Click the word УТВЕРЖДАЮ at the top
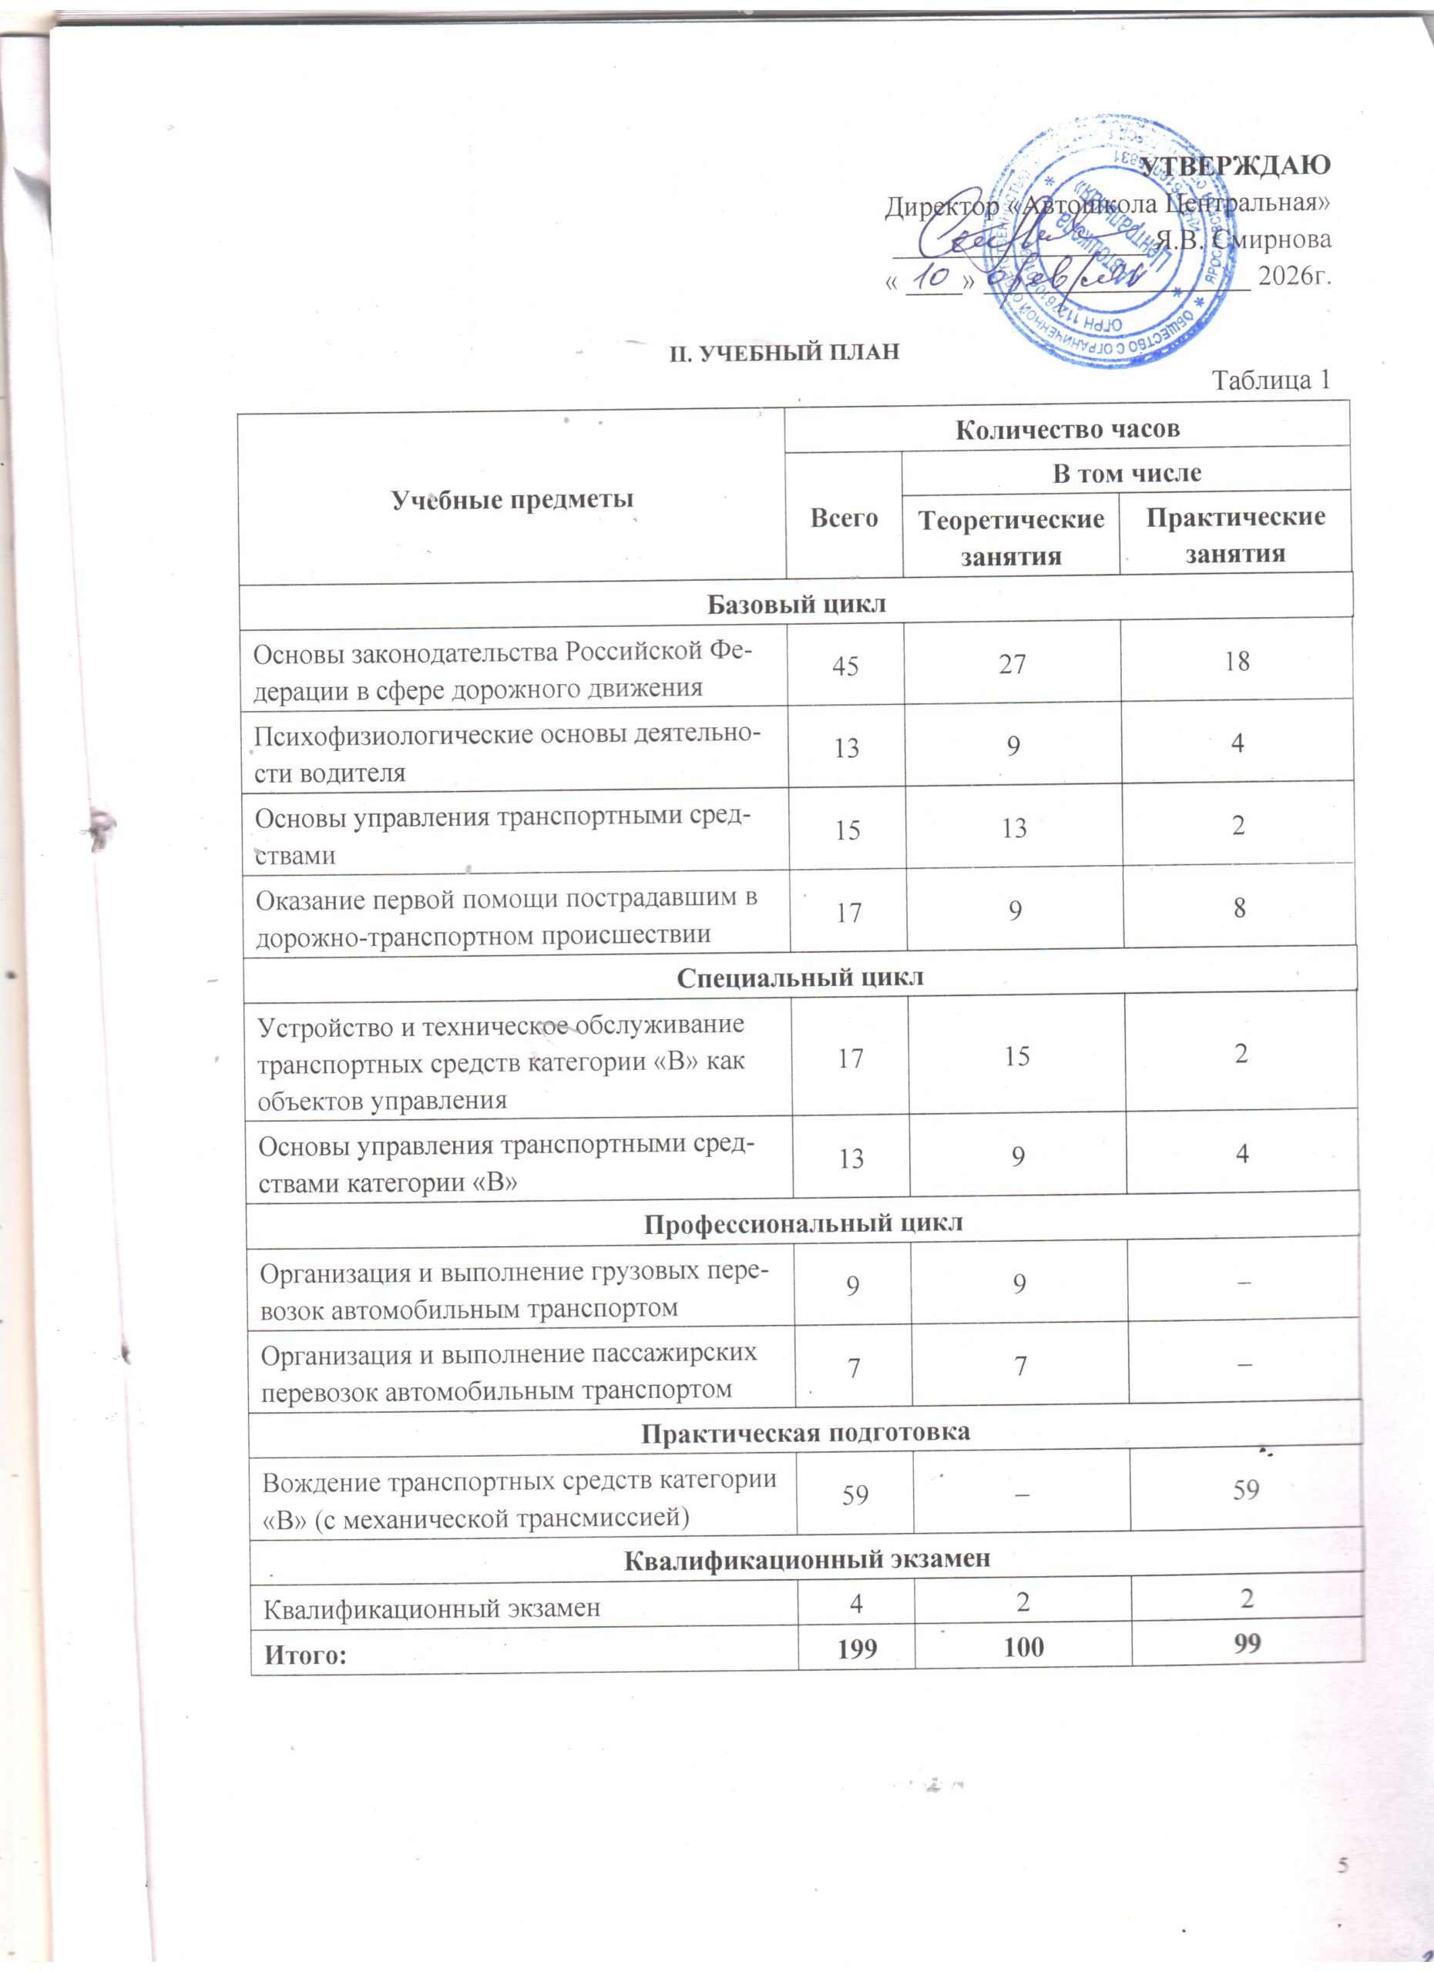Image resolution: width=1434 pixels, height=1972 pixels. point(1236,165)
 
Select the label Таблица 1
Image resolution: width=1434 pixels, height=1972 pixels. point(1271,380)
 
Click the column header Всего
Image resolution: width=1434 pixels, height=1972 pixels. point(844,518)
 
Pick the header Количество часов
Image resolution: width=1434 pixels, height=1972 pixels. point(1068,430)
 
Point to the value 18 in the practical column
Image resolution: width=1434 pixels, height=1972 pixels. point(1236,662)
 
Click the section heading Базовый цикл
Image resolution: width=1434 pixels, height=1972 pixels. point(797,603)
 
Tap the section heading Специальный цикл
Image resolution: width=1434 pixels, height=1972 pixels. point(800,978)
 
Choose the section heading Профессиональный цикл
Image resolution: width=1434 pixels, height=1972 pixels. point(804,1222)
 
